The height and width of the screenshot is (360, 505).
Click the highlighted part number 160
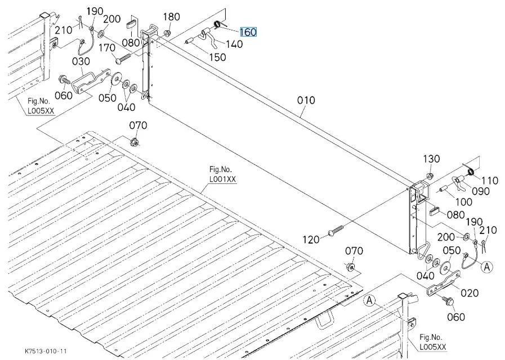click(248, 32)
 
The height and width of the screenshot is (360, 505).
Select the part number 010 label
click(306, 101)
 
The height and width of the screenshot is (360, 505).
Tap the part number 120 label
click(310, 239)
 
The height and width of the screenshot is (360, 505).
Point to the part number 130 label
click(431, 159)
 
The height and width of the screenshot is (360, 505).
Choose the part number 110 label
click(489, 181)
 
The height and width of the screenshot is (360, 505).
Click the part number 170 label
click(107, 48)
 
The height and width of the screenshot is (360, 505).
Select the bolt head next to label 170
click(119, 60)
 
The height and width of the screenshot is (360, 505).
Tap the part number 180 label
click(172, 17)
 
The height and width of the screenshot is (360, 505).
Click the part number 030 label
click(81, 61)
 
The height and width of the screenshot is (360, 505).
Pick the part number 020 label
click(470, 292)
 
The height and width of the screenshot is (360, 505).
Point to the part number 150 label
click(217, 57)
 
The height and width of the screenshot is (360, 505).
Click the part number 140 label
click(234, 44)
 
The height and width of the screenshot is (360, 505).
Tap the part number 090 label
click(480, 191)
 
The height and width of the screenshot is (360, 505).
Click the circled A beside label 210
click(488, 267)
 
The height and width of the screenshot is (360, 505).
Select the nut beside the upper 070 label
click(135, 141)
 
